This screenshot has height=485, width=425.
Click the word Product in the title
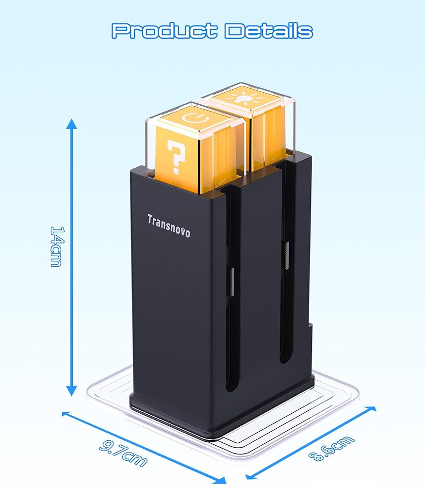(x=164, y=31)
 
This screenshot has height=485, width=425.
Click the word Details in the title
(x=269, y=31)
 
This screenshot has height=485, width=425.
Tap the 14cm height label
(x=57, y=246)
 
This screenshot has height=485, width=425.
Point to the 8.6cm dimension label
(x=331, y=449)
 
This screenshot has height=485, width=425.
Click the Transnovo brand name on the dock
(x=168, y=226)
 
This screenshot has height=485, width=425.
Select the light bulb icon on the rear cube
(x=245, y=97)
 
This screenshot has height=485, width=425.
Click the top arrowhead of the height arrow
(x=72, y=123)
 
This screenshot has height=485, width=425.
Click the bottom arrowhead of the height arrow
(x=72, y=390)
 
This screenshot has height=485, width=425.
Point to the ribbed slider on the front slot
(x=231, y=281)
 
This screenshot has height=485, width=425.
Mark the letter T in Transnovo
(x=150, y=219)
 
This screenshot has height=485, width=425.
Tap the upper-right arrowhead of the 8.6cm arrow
(x=372, y=409)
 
